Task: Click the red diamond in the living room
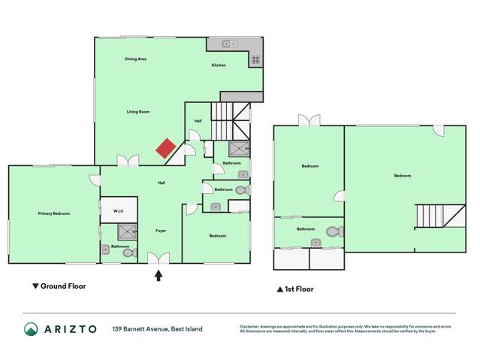[x=166, y=148]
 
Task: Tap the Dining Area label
[x=135, y=58]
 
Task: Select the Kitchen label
[x=219, y=65]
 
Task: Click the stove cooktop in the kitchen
[x=255, y=59]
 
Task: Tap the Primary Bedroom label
[x=54, y=213]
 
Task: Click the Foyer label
[x=161, y=230]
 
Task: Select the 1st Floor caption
[x=295, y=289]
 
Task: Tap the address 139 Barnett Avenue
[x=157, y=328]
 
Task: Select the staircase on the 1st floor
[x=431, y=217]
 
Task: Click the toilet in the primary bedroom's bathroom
[x=128, y=253]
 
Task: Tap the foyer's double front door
[x=158, y=259]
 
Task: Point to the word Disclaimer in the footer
[x=252, y=325]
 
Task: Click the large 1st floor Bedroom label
[x=403, y=176]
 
